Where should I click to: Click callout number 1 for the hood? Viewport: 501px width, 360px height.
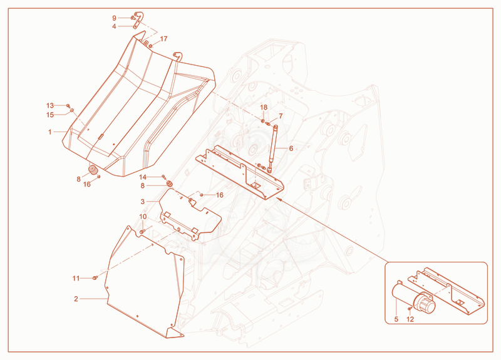50,131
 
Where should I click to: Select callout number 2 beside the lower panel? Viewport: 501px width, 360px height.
76,299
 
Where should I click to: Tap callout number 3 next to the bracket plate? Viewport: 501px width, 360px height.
143,202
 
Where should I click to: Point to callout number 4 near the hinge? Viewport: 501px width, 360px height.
114,26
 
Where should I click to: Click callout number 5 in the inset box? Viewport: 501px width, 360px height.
396,319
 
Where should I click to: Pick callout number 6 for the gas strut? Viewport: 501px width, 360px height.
291,148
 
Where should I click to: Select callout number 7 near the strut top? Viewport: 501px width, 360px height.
281,116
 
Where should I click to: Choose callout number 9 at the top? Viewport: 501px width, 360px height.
114,18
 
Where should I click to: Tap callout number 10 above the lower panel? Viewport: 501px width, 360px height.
143,217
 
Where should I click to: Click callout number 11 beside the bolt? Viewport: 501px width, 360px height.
76,279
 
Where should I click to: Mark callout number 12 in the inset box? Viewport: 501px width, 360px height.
410,319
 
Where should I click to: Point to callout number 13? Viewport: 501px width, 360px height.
50,105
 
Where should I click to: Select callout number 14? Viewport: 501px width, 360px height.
143,177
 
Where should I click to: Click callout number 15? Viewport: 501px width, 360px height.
50,115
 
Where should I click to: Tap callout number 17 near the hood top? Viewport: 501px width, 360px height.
163,39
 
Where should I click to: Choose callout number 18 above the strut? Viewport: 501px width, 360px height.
264,107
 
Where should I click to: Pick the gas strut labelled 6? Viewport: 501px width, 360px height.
273,148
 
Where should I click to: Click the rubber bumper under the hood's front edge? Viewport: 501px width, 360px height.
93,170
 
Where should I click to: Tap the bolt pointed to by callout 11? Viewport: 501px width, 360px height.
95,278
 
